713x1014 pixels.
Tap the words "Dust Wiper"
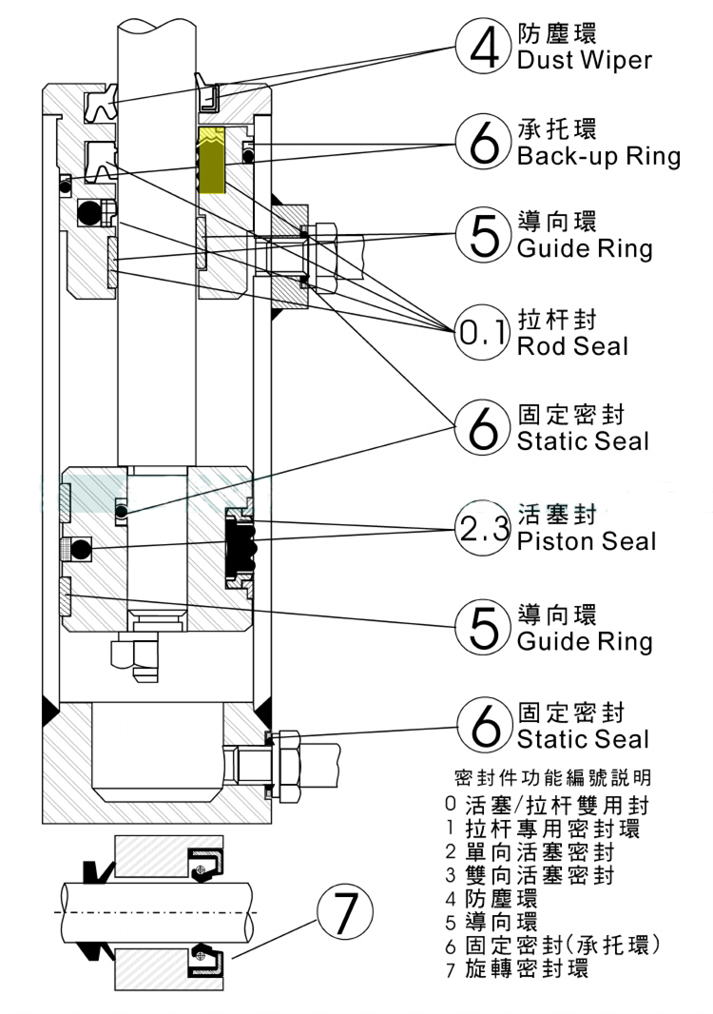pyautogui.click(x=584, y=61)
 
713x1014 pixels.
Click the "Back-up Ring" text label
pyautogui.click(x=598, y=156)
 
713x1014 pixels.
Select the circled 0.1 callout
pyautogui.click(x=485, y=332)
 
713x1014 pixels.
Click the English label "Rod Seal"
pyautogui.click(x=572, y=346)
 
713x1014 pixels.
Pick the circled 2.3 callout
pyautogui.click(x=485, y=529)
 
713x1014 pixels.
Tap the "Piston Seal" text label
pyautogui.click(x=586, y=541)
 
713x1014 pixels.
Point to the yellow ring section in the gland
pyautogui.click(x=210, y=158)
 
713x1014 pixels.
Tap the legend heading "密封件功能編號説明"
pyautogui.click(x=553, y=777)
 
